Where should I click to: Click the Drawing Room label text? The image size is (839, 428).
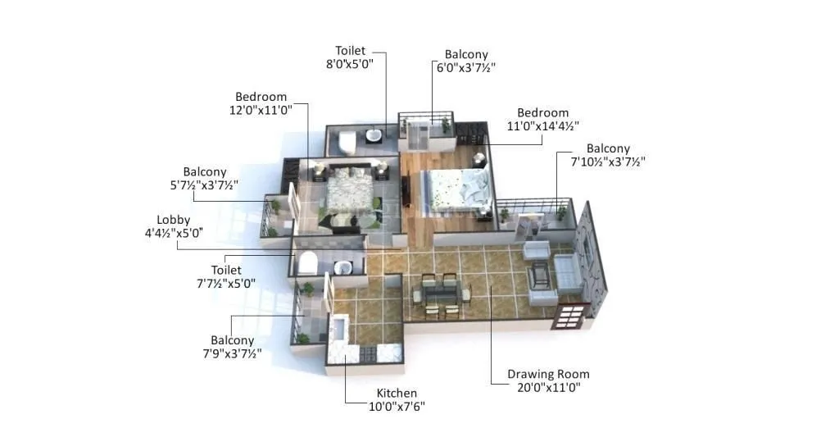[x=547, y=374]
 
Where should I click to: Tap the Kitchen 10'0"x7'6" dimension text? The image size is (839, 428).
[x=397, y=406]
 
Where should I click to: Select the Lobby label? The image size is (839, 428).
[x=173, y=220]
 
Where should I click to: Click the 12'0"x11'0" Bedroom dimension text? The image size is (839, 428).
[x=261, y=109]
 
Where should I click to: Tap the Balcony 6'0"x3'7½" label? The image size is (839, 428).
[x=466, y=54]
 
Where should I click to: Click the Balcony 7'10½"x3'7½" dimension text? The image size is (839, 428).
[x=608, y=162]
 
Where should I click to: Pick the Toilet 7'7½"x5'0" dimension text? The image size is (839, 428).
[x=225, y=283]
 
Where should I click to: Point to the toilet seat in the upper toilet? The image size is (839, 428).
[x=346, y=142]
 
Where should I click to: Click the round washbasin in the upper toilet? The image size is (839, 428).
[x=376, y=136]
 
